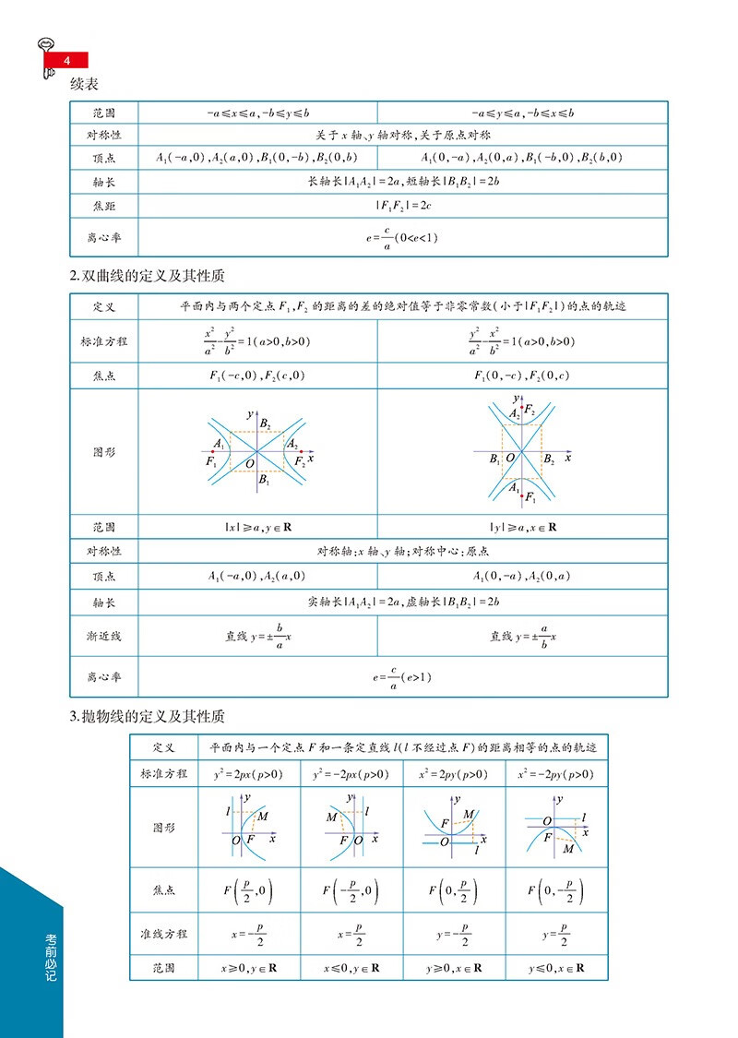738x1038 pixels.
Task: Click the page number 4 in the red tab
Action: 66,61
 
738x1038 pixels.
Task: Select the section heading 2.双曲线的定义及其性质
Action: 148,276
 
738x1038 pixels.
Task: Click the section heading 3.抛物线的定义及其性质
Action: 148,716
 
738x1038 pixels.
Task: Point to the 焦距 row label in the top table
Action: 103,205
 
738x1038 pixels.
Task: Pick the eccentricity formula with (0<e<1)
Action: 402,237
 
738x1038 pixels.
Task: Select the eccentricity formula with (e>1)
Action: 402,677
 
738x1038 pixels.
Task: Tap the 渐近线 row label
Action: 103,636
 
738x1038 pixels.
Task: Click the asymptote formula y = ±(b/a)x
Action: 257,636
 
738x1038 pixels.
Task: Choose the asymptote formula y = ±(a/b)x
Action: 523,636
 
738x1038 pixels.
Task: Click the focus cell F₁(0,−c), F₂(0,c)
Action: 523,376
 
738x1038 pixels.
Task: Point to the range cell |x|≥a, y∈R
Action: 257,528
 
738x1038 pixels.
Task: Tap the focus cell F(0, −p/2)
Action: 556,892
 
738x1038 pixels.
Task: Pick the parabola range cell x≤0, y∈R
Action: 351,969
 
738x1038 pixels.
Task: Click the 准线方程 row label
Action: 163,934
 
